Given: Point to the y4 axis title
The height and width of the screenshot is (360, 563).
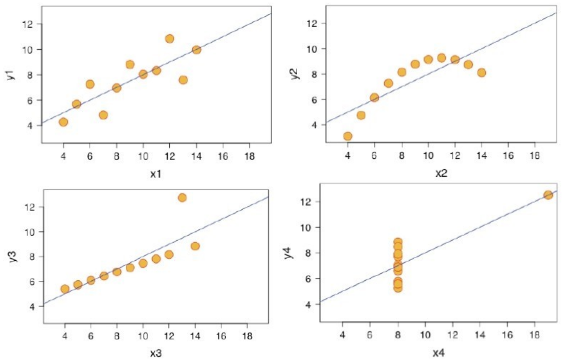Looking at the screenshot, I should tap(290, 253).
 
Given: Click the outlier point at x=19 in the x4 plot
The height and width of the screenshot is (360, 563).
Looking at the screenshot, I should tap(548, 195).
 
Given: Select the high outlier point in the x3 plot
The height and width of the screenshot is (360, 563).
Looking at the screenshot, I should tap(182, 197).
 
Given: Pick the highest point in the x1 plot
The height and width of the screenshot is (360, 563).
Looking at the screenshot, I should tap(170, 39).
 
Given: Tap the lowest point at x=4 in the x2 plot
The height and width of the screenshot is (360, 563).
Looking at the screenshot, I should tap(348, 136).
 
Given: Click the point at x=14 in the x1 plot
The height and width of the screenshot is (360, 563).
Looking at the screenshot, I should tap(196, 50).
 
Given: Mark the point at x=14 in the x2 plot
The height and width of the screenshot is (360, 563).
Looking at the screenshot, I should tap(481, 73).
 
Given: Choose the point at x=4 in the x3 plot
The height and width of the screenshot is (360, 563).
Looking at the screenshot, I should tap(65, 289).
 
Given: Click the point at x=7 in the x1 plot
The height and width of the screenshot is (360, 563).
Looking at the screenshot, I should tap(103, 115).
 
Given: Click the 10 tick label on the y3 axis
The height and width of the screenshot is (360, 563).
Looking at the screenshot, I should tap(29, 232).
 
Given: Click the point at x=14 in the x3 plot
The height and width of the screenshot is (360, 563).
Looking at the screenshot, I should tap(195, 246).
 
